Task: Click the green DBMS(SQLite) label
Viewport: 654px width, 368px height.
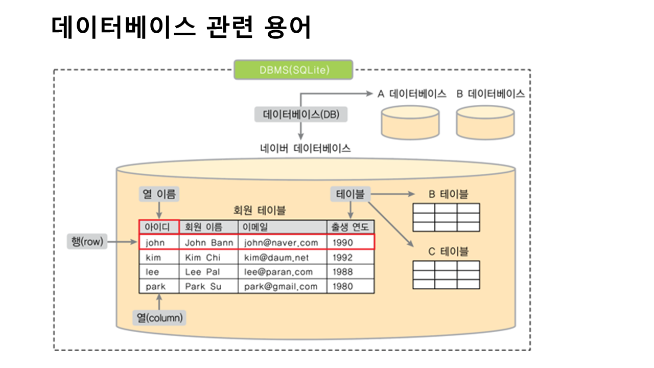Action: [x=293, y=70]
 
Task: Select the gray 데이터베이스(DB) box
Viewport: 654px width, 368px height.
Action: [x=300, y=114]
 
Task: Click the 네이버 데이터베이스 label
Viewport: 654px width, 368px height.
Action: [x=306, y=148]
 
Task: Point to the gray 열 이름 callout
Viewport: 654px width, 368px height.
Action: [x=159, y=194]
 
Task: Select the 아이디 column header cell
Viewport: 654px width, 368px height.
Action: [x=159, y=227]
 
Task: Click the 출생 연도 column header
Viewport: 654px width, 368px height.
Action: [x=350, y=227]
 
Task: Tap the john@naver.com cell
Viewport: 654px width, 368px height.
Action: [x=282, y=242]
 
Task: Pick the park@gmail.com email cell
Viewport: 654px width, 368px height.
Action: [x=281, y=286]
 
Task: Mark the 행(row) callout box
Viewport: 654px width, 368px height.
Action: [x=87, y=242]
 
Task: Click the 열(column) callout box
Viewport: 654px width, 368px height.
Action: [x=159, y=317]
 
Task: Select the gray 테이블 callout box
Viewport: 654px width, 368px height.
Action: [x=351, y=194]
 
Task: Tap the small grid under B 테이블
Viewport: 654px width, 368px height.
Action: [x=446, y=217]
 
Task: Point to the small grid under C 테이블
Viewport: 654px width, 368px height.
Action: [x=446, y=274]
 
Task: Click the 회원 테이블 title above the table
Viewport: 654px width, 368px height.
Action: [x=259, y=210]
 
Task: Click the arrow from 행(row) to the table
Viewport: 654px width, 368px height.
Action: [x=123, y=242]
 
